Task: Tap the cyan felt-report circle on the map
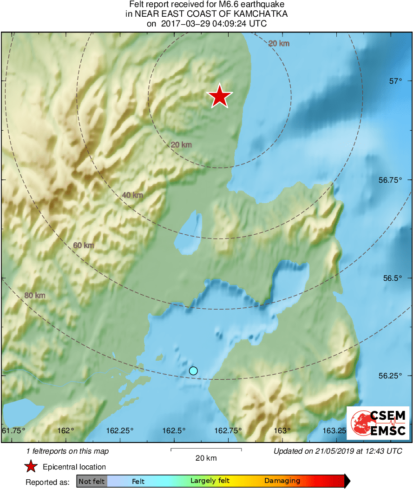[x=194, y=370]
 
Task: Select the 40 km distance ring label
[x=132, y=195]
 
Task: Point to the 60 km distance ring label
[x=84, y=245]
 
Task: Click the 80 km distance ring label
[x=35, y=295]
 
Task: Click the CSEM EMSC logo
[x=379, y=423]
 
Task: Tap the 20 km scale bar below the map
[x=206, y=449]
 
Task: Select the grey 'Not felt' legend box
[x=92, y=481]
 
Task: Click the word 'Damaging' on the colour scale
[x=282, y=481]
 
